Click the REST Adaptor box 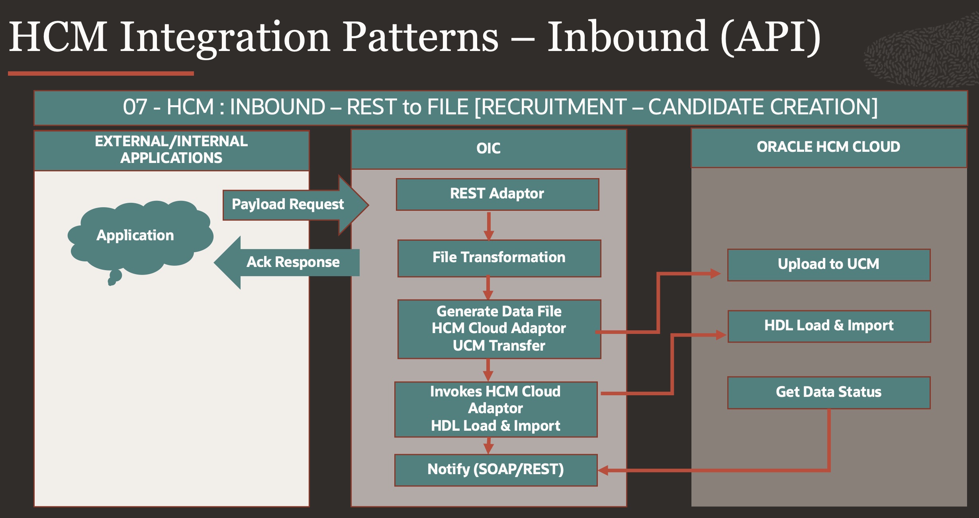coord(497,194)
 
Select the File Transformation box coord(499,258)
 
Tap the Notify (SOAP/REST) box coord(495,470)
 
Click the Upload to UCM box coord(828,265)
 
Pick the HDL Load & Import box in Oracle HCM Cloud coord(828,326)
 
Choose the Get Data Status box coord(828,392)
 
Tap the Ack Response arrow coord(292,262)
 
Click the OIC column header coord(488,149)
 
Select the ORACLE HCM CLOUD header coord(828,147)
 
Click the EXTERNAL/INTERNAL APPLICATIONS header coord(171,150)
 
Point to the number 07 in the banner coord(135,107)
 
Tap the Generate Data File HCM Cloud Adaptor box coord(499,329)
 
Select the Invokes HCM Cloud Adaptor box coord(495,409)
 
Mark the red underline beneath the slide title coord(100,73)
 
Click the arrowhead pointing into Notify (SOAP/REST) coord(603,471)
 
